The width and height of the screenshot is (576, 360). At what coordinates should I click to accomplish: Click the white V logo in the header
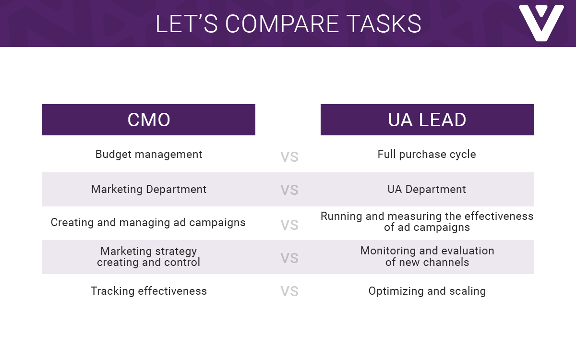(541, 23)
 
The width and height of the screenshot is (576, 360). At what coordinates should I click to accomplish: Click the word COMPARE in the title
(282, 24)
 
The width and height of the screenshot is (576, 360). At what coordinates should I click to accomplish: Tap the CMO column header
(149, 120)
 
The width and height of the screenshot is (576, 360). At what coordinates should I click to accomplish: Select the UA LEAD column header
(427, 120)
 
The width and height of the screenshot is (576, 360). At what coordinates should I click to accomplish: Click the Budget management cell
(149, 154)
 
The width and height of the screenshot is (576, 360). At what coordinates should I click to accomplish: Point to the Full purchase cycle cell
(427, 154)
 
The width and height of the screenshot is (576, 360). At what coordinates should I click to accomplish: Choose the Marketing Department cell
(149, 189)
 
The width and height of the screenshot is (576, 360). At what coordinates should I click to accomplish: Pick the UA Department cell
(427, 189)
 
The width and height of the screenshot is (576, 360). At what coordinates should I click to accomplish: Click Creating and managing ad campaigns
(148, 222)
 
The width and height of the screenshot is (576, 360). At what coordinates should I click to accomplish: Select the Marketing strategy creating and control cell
(149, 257)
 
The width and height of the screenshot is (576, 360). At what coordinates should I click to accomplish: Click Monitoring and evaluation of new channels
(427, 256)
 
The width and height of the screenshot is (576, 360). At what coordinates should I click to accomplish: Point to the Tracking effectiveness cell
(149, 291)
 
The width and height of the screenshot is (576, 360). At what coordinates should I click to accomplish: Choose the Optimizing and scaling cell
(427, 291)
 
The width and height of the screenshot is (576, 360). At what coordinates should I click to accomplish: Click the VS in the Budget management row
(289, 157)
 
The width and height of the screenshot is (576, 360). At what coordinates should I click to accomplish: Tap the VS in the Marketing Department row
(289, 190)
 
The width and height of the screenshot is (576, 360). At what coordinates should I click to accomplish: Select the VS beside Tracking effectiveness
(289, 291)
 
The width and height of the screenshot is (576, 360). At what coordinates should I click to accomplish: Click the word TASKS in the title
(384, 24)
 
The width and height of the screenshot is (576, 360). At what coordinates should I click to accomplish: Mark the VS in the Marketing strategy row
(289, 258)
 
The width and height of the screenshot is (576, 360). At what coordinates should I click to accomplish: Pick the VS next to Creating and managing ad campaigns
(289, 225)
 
